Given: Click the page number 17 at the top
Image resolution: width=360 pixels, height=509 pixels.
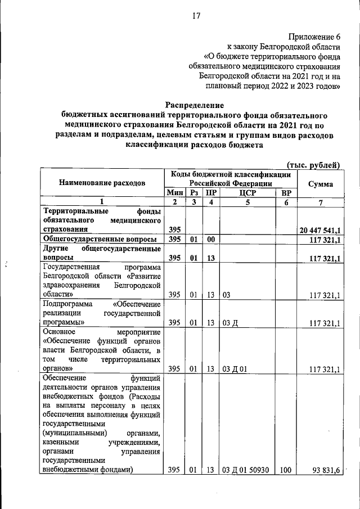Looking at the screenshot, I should pos(196,15).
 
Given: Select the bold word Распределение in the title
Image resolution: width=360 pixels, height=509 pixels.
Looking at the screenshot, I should pos(195,105).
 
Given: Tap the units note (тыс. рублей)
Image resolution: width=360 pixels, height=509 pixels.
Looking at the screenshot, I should pos(313,165).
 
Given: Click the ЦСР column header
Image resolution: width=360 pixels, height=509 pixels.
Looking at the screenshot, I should pos(247,192).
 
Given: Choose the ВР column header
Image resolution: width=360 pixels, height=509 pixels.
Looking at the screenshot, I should pos(286,192).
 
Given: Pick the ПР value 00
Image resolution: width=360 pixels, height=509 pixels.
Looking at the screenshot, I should pos(211,240).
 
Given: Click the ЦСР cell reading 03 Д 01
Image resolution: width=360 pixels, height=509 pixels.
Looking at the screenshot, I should pos(234,370).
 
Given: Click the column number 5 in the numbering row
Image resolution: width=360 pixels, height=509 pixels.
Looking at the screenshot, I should pos(247,202).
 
